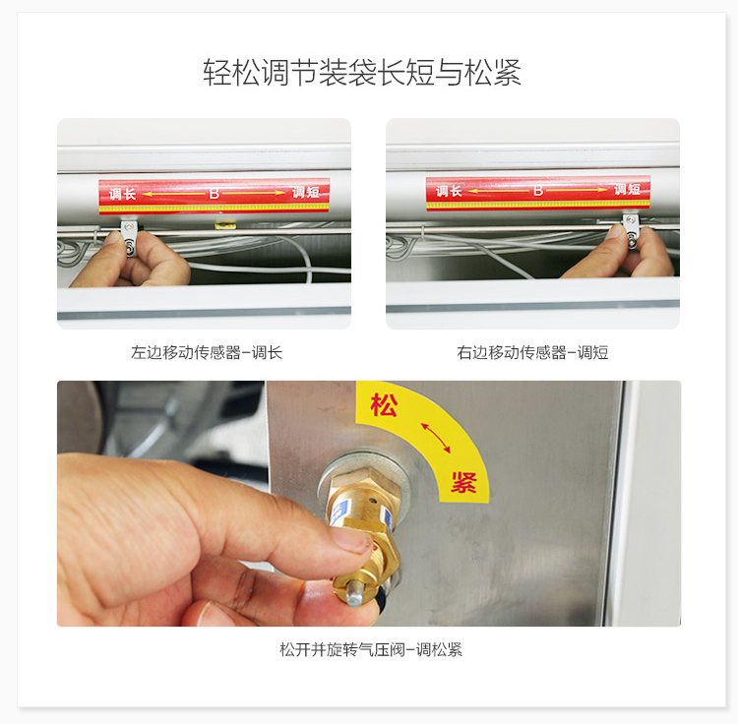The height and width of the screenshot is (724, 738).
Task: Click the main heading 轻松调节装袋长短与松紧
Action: coord(362,73)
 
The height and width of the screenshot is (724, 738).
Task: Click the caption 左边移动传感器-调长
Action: coord(207,352)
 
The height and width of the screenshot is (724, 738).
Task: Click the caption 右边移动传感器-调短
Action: coord(532,352)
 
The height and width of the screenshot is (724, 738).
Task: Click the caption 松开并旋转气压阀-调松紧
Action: coord(371,649)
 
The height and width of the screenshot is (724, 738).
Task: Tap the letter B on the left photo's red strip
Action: coord(215,194)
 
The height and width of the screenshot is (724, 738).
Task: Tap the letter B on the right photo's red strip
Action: coord(538,191)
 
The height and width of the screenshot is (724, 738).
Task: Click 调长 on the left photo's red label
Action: coord(122,194)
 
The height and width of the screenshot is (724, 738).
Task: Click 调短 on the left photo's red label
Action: coord(306,192)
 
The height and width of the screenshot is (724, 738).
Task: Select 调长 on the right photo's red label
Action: coord(449,191)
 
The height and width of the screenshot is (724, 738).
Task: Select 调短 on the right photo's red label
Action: coord(627,189)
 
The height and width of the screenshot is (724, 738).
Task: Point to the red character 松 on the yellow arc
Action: coord(384,404)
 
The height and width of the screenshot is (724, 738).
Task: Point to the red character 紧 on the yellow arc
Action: coord(463,481)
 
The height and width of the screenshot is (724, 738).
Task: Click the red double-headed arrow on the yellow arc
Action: coord(436,438)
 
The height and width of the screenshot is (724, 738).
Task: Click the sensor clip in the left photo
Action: coord(130,238)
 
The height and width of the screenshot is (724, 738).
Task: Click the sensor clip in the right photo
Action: coord(632,231)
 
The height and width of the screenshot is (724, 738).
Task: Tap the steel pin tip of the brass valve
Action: coord(355,594)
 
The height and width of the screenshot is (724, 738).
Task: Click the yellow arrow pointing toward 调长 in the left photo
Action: coord(173,194)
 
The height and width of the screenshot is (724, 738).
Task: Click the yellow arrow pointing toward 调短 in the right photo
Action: coord(577,190)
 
